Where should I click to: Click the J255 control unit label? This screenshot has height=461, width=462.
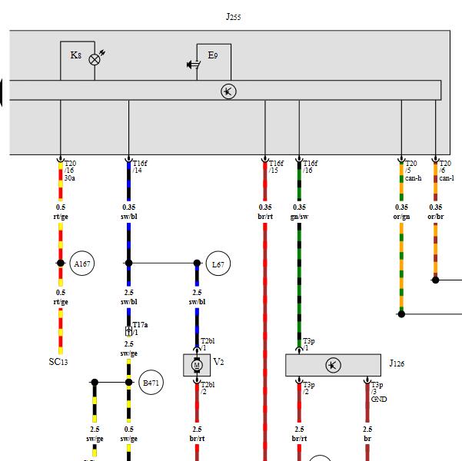coord(234,16)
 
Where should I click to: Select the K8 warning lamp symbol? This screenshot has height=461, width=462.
coord(95,60)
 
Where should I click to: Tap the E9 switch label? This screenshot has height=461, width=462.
coord(213,55)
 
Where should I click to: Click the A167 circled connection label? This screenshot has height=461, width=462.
coord(82,264)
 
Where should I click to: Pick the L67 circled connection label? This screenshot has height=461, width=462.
coord(218,264)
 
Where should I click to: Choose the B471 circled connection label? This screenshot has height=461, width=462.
coord(151,383)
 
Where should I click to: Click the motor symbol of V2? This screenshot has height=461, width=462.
coord(197,365)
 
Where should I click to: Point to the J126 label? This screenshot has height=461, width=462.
coord(397,363)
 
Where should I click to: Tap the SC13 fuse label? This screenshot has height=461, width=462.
coord(58,362)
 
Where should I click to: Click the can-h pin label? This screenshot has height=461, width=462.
coord(413,178)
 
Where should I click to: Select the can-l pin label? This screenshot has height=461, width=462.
coord(447,178)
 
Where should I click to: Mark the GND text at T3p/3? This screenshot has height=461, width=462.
coord(379,399)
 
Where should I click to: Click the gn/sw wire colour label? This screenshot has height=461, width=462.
coord(299,217)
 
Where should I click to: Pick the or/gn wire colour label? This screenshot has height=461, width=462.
coord(401,217)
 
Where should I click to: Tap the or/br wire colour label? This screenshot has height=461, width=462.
coord(436,217)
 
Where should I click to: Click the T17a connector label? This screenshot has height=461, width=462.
coord(140,325)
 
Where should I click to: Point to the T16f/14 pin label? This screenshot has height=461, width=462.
coord(140,167)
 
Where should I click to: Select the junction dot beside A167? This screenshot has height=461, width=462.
coord(61,263)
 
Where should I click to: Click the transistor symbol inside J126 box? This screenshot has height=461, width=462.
coord(334,365)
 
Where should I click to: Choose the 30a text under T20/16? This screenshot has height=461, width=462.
coord(69,178)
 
